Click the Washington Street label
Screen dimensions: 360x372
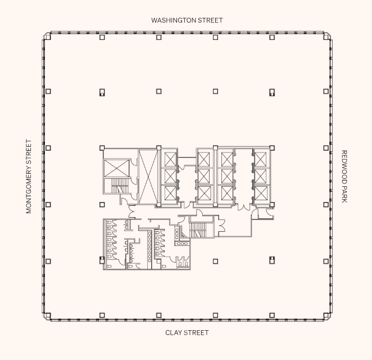[187, 20]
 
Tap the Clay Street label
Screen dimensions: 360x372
[187, 333]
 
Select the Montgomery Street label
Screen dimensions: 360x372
[29, 177]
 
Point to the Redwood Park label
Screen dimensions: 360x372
[344, 177]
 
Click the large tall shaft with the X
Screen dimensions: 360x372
[149, 177]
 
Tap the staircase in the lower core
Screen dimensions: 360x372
[198, 229]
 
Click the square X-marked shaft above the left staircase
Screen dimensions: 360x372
[116, 168]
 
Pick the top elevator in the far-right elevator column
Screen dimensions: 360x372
[260, 159]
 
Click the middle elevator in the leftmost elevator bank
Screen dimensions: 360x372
[169, 177]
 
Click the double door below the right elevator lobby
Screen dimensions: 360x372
[244, 208]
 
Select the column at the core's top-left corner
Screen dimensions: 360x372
[102, 148]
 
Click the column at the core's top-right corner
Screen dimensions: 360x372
[272, 148]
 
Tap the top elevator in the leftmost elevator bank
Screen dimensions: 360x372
[169, 159]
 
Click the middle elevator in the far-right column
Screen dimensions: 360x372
[260, 177]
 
